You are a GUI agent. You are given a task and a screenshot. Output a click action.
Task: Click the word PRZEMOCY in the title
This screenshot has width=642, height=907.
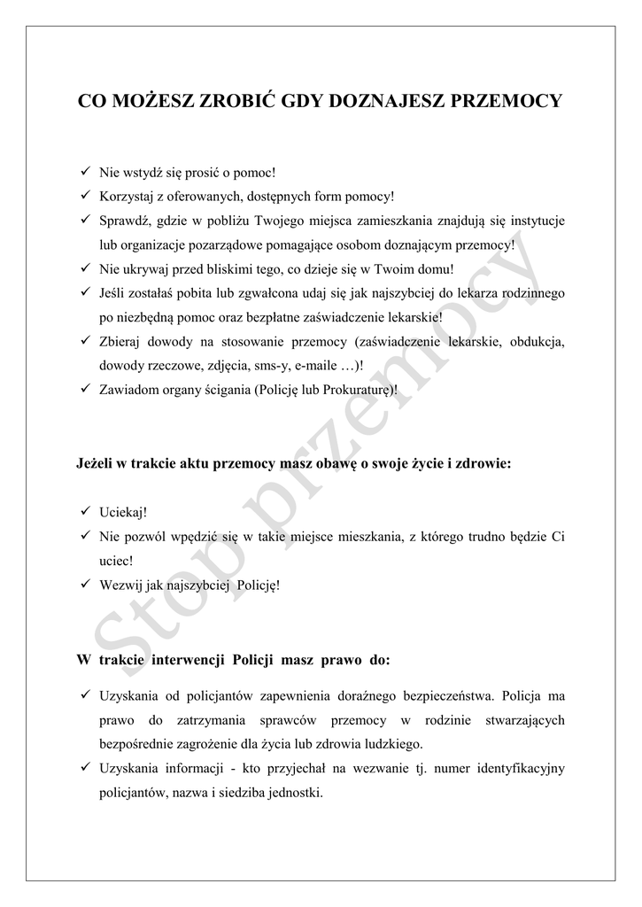(507, 101)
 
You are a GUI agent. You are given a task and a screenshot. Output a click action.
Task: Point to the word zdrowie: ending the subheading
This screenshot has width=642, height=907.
(483, 463)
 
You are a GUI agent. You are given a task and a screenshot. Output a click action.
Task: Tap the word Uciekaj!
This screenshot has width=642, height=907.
(123, 513)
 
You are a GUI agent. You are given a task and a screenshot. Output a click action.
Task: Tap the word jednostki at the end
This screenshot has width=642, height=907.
(295, 792)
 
